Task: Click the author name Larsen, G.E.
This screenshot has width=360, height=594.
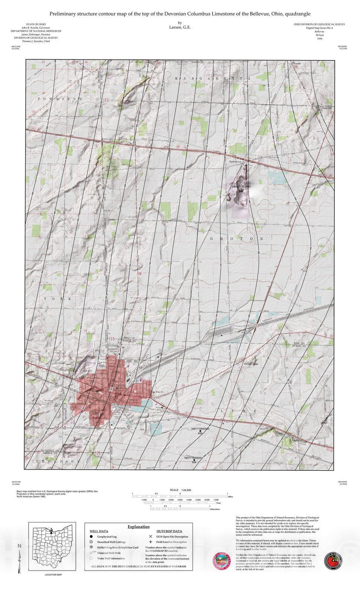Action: (180, 27)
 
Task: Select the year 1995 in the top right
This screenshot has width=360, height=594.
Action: (320, 39)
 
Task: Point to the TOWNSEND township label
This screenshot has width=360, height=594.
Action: (60, 99)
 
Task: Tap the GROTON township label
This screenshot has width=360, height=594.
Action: (236, 239)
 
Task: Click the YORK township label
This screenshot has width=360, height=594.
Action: (58, 298)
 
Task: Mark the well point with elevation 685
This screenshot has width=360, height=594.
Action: (200, 431)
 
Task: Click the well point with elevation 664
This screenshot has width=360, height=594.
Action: (194, 460)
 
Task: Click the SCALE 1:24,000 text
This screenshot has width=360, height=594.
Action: (180, 490)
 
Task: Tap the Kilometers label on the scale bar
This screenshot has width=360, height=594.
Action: (215, 509)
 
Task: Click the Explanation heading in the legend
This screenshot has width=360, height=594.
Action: (138, 526)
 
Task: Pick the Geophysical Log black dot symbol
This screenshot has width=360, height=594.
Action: (91, 536)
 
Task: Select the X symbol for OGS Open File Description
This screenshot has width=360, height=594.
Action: (150, 536)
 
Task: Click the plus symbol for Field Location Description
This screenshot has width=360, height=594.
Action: (150, 542)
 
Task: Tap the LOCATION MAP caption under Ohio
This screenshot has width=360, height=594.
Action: (53, 575)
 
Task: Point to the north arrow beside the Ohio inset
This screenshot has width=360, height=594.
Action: (20, 557)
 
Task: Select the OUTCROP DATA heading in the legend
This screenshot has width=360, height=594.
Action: (169, 531)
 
